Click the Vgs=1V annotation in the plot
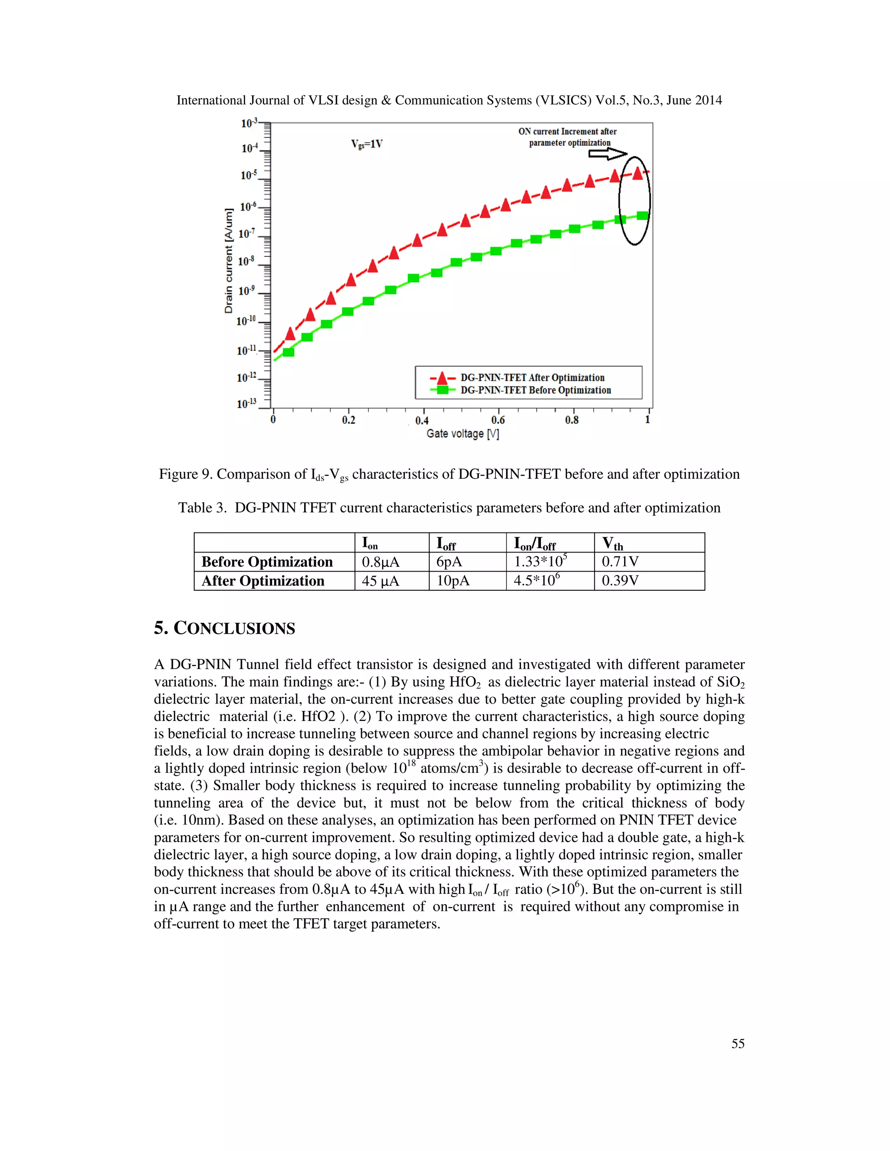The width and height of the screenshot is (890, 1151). point(366,144)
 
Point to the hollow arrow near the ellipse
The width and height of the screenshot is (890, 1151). point(608,154)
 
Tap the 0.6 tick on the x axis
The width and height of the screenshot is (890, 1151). point(498,420)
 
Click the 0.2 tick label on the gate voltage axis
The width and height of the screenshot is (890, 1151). point(349,420)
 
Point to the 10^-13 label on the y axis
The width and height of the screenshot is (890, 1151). point(246,404)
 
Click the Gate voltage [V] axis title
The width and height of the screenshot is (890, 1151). point(462,434)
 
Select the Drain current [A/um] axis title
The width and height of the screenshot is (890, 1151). point(228,261)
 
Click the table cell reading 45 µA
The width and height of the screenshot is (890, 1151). point(380,581)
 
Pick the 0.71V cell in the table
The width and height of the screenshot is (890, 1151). point(620,562)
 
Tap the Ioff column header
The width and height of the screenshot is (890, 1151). point(446,543)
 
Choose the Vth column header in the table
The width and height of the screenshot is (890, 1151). point(613,543)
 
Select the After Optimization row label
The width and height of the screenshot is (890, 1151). point(262,581)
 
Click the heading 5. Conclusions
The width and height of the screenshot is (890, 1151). point(225,628)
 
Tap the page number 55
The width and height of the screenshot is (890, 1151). point(737,1043)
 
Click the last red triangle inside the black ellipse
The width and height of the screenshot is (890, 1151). point(638,173)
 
